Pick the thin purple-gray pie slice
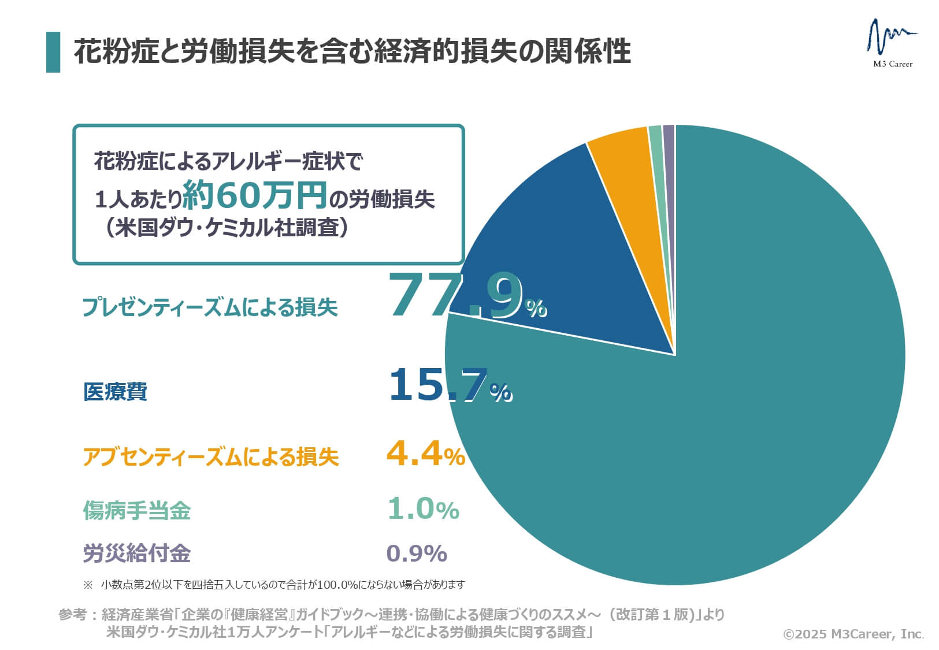coord(669,173)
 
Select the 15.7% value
coord(449,386)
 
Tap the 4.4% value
coord(425,454)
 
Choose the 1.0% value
coord(423,509)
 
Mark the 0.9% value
coord(416,554)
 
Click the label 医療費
coord(116,392)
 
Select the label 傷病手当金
coord(136,510)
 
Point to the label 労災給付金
coord(136,554)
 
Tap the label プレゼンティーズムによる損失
coord(210,307)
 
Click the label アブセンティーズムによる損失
coord(210,457)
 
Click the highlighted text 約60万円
coord(255,196)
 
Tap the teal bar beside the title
coord(53,52)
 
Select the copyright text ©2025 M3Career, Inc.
coord(853,634)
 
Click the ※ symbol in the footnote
coord(88,585)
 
